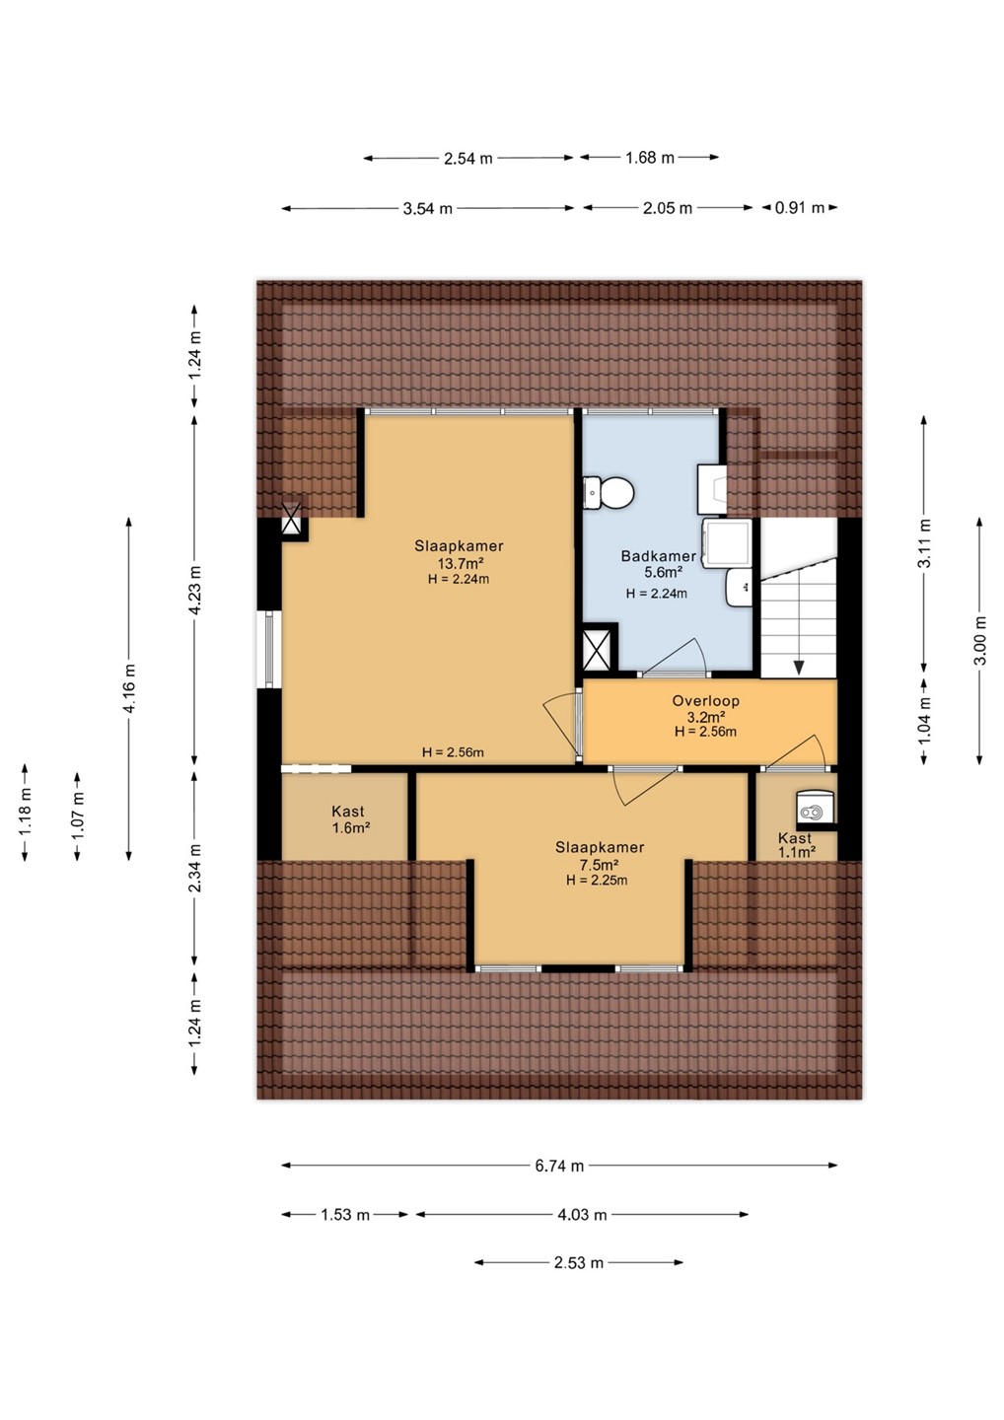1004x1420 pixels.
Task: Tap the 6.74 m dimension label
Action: coord(559,1166)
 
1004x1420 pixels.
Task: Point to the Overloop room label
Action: coord(705,701)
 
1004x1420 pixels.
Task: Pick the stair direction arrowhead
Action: coord(799,668)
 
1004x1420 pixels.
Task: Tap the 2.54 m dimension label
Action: coord(467,159)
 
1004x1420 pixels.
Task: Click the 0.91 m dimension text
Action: coord(799,208)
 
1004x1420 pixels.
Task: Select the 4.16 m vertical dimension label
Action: coord(129,688)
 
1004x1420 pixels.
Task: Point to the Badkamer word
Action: coord(658,556)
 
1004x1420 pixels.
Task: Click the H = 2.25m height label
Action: coord(597,880)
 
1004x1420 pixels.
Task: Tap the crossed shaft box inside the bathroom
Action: coord(598,646)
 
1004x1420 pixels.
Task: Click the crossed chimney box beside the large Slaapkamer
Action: coord(292,520)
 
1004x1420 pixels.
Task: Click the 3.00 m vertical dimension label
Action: coord(980,640)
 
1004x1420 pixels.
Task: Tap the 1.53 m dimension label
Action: coord(345,1215)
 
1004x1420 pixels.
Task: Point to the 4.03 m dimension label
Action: coord(582,1215)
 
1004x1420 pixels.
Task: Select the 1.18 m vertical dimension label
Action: coord(25,812)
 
